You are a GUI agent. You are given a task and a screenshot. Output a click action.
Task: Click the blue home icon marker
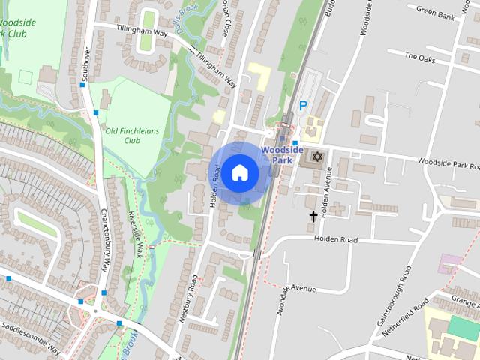239,172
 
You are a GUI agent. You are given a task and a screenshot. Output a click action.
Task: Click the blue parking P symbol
303,106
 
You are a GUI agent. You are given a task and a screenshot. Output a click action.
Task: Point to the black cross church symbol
313,217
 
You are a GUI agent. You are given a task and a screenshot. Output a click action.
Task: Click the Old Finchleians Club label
133,135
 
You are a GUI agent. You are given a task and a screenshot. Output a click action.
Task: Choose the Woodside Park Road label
447,163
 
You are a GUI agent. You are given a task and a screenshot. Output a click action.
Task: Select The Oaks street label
420,55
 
